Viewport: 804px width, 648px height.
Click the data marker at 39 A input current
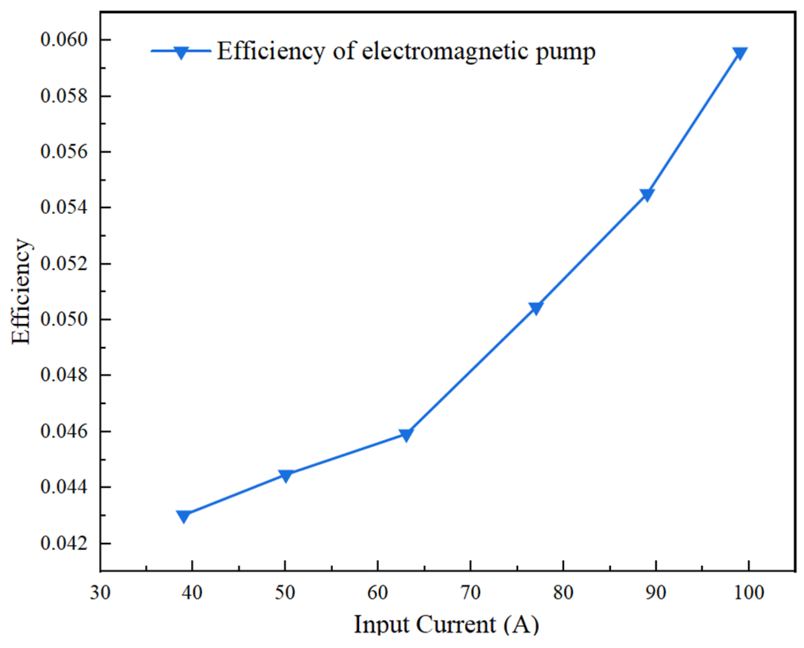[x=184, y=516]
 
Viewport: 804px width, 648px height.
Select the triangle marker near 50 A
[x=285, y=475]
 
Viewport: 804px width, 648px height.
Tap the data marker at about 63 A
[x=406, y=435]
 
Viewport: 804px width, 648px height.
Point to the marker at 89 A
[x=647, y=194]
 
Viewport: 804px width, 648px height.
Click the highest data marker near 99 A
[x=739, y=53]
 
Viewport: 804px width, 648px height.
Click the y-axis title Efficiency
[x=21, y=292]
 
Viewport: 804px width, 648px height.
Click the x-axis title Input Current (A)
[x=446, y=625]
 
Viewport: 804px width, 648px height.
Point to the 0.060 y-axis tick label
[x=64, y=40]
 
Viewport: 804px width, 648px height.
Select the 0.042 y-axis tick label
[x=64, y=543]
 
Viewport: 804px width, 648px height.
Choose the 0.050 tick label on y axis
[x=64, y=319]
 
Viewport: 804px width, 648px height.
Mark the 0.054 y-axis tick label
[x=64, y=207]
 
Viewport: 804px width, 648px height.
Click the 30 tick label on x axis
[x=100, y=593]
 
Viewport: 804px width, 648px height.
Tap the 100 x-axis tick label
[x=749, y=593]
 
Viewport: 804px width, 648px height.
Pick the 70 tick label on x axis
[x=470, y=593]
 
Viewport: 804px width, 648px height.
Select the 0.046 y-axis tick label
[x=64, y=431]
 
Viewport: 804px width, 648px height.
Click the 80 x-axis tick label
[x=563, y=593]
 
